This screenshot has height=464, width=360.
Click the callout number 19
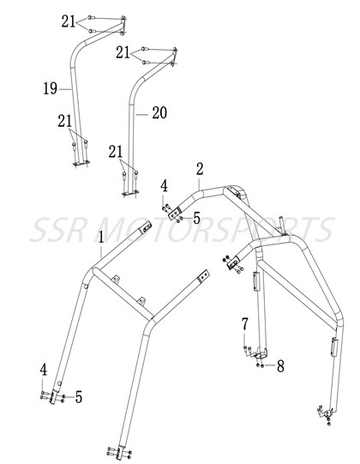pyautogui.click(x=51, y=88)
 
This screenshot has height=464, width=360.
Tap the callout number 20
pyautogui.click(x=159, y=112)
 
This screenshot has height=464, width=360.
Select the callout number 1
pyautogui.click(x=101, y=238)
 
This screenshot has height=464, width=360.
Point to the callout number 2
pyautogui.click(x=200, y=169)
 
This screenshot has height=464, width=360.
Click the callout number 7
pyautogui.click(x=244, y=324)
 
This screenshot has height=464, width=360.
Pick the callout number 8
pyautogui.click(x=280, y=366)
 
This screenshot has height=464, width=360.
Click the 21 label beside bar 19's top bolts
pyautogui.click(x=69, y=21)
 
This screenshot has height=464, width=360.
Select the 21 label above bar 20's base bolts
pyautogui.click(x=116, y=152)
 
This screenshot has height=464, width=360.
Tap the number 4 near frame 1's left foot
pyautogui.click(x=44, y=370)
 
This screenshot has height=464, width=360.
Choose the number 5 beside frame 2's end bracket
pyautogui.click(x=196, y=219)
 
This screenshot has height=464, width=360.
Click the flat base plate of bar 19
pyautogui.click(x=81, y=163)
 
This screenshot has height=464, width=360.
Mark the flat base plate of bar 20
pyautogui.click(x=130, y=193)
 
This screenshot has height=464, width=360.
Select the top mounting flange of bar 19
pyautogui.click(x=123, y=26)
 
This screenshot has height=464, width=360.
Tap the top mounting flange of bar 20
pyautogui.click(x=175, y=57)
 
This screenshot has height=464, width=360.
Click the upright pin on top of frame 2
pyautogui.click(x=283, y=226)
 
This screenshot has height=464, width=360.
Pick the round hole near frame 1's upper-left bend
pyautogui.click(x=86, y=286)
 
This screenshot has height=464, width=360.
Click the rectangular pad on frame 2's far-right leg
pyautogui.click(x=334, y=346)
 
